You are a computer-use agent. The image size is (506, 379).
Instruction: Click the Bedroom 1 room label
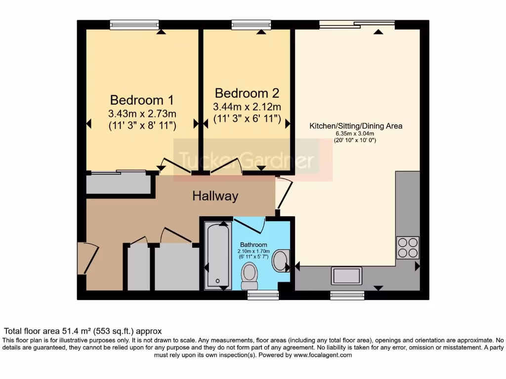142,100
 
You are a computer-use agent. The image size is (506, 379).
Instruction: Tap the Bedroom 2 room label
247,93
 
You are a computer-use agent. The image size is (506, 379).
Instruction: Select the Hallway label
215,196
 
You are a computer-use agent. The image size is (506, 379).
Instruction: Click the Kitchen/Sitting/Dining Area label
356,126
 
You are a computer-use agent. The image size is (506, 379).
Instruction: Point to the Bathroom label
253,245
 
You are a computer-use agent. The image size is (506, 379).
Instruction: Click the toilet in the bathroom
249,275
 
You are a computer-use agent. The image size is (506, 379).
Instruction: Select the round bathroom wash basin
281,261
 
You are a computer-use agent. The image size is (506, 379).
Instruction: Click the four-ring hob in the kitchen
408,248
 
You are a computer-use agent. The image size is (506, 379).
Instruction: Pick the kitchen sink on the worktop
347,275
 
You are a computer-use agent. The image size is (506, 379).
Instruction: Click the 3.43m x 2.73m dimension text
142,114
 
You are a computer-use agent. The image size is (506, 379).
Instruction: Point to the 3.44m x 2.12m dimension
247,107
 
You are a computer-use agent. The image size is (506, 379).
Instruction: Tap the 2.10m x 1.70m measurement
253,252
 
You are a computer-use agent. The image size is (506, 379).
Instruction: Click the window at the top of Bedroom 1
134,24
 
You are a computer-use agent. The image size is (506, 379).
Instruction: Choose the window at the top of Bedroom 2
251,24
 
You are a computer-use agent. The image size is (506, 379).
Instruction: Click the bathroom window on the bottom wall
263,295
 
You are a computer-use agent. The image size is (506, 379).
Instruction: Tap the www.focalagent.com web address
323,355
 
